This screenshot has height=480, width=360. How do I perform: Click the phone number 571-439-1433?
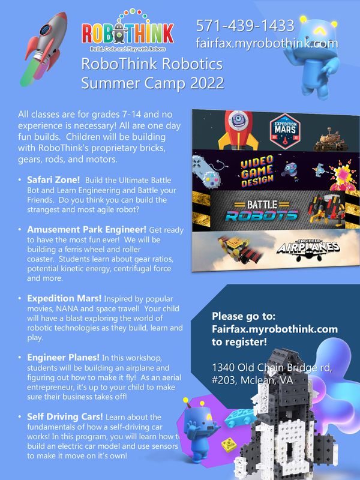(245, 25)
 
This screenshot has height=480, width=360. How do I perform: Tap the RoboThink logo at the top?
(128, 30)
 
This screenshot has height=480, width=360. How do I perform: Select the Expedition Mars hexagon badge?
(285, 131)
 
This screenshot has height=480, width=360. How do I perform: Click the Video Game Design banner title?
(257, 171)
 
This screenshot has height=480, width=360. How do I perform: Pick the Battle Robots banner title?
(262, 211)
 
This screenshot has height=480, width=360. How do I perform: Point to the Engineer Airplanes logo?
(308, 250)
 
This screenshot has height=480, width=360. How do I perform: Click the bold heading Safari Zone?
(53, 179)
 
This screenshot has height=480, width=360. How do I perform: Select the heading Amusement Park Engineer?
(86, 230)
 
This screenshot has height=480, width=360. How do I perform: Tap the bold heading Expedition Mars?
(64, 298)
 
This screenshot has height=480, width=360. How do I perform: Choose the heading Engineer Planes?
(63, 357)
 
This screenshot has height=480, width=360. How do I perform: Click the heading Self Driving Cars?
(65, 416)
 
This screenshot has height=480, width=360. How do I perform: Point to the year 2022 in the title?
(207, 83)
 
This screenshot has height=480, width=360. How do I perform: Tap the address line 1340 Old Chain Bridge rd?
(272, 367)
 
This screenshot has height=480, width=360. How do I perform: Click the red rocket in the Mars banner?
(238, 130)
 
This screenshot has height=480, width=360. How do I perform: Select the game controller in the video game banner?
(205, 170)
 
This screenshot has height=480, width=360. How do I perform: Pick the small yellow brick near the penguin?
(229, 445)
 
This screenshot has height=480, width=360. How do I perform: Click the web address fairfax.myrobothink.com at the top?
(267, 43)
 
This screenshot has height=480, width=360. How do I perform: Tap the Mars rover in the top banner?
(331, 139)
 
